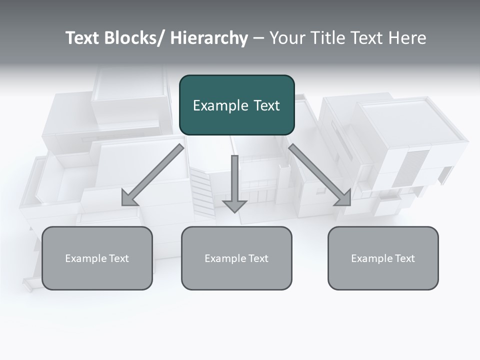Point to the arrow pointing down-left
(152, 175)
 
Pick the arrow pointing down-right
(320, 175)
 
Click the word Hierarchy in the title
(209, 38)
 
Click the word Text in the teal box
(267, 105)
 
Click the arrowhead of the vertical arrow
(234, 205)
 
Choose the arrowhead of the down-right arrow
(344, 199)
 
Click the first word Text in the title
(82, 38)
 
